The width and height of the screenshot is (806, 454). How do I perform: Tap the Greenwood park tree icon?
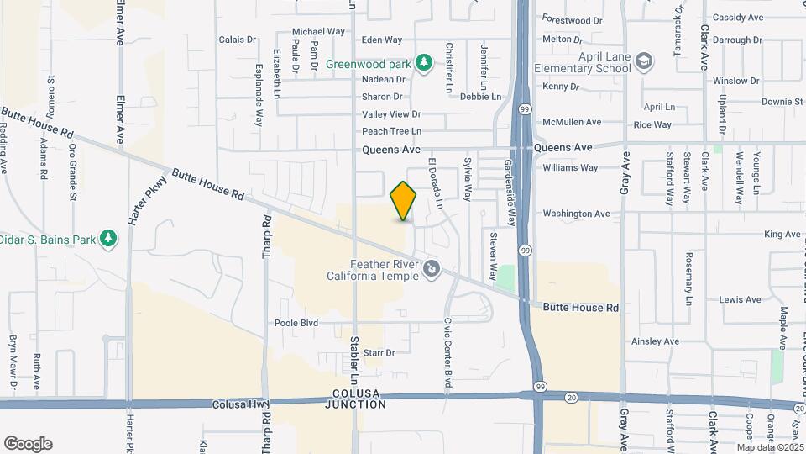(425, 62)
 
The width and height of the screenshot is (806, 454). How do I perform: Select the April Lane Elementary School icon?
(644, 62)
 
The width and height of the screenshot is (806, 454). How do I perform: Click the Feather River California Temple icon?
(432, 268)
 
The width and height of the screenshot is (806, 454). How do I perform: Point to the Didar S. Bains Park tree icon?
(107, 239)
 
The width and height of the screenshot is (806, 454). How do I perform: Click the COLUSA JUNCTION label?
(358, 399)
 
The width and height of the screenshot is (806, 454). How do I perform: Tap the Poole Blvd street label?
(296, 323)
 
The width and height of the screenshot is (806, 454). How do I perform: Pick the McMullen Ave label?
(572, 122)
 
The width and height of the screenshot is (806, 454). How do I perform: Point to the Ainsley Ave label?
(655, 341)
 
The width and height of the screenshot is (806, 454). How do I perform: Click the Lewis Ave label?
(740, 299)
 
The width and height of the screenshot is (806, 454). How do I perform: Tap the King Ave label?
(782, 235)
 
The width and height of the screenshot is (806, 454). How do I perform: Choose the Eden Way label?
(382, 40)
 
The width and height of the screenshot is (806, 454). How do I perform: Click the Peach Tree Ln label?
(391, 131)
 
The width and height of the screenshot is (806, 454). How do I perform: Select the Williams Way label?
(570, 167)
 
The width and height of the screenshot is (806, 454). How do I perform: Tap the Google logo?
(28, 443)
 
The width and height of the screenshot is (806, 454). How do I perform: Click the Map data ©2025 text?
(769, 447)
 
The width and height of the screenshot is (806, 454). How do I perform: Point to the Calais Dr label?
(237, 40)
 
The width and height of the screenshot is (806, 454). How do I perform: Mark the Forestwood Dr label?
(573, 18)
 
